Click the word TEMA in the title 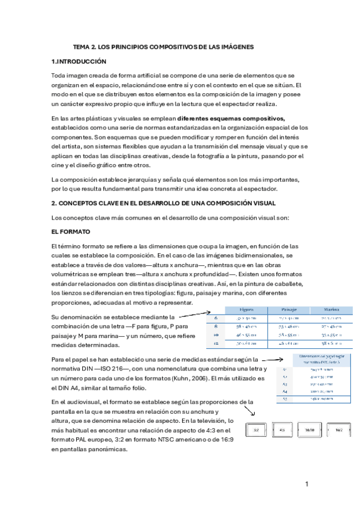(x=82, y=46)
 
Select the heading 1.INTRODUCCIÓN (x=79, y=61)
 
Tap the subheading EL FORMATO (x=72, y=231)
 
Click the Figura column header (x=243, y=310)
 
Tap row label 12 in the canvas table (x=216, y=344)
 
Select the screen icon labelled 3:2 (x=255, y=430)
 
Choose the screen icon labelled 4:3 (x=282, y=430)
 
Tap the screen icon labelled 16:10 (x=310, y=430)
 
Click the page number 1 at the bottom (x=307, y=484)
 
